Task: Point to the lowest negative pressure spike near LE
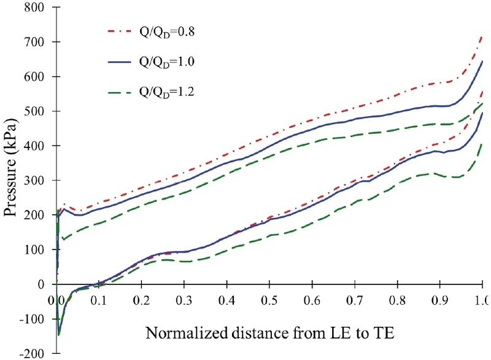[x=59, y=334]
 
